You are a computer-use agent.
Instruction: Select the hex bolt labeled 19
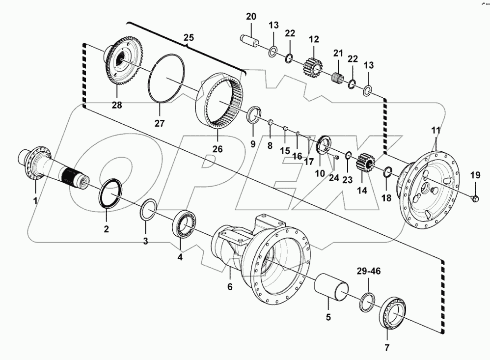click(475, 198)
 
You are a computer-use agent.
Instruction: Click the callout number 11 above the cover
click(436, 131)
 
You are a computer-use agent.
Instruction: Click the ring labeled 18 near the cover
click(387, 171)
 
